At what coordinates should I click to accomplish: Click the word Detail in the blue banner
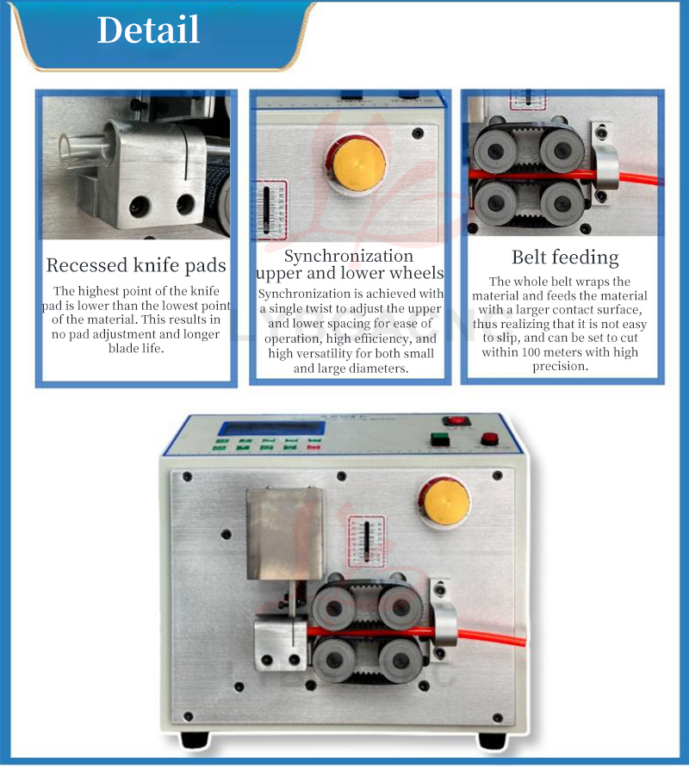point(148,29)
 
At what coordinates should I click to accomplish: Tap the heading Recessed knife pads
point(136,265)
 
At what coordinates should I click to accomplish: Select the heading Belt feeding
point(565,257)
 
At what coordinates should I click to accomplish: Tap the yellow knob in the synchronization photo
point(357,163)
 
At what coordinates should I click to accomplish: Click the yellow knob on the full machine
point(445,501)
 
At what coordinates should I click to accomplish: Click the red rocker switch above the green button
point(456,421)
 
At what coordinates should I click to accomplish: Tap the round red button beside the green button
point(489,438)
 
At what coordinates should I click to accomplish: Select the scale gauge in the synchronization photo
point(269,210)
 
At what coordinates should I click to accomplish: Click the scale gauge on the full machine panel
point(366,541)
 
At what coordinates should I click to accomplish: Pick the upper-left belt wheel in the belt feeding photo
point(493,149)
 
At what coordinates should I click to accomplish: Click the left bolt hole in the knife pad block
point(140,206)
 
